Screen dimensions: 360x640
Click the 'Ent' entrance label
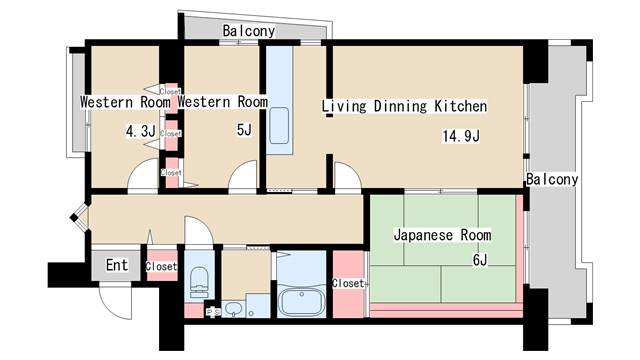117,265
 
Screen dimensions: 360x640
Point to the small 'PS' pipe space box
212,312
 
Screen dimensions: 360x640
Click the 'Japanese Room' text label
442,236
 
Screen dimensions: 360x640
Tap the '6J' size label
480,261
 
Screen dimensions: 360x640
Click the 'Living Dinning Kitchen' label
404,106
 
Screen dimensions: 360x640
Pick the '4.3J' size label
140,130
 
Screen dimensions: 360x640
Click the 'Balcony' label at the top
249,31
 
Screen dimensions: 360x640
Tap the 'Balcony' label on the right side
552,180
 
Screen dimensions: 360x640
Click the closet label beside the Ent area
162,266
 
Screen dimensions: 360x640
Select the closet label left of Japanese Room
347,283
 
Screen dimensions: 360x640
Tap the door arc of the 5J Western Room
243,177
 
